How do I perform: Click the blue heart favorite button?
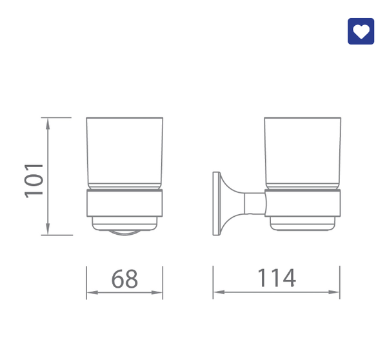[361, 31]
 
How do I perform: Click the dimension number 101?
[34, 180]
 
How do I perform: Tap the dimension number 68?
[124, 279]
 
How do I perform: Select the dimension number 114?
[277, 278]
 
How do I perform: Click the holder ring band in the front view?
[124, 204]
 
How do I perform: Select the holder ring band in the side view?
[303, 205]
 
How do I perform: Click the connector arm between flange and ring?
[254, 204]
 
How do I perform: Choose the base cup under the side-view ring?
[303, 224]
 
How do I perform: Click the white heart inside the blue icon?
[361, 32]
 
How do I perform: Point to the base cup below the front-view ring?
[124, 223]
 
